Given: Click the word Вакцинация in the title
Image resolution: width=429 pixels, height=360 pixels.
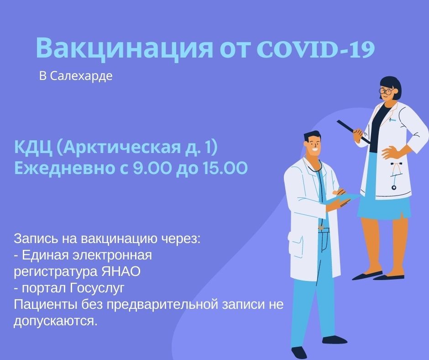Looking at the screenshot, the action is coord(124,48).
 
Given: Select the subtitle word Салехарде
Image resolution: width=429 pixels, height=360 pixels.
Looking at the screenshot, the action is coord(81,76).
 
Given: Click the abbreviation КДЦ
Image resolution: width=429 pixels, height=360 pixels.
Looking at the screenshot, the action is coord(33,148).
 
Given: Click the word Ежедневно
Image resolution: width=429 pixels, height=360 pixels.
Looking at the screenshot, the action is coord(64,169).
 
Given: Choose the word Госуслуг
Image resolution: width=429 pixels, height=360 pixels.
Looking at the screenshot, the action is coord(97,288).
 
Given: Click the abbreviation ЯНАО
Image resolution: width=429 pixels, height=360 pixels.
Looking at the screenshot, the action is coord(121,271).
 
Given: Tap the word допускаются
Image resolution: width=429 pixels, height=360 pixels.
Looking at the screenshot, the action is coord(56,321).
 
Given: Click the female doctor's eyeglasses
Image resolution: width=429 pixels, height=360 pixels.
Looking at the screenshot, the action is coord(386,90).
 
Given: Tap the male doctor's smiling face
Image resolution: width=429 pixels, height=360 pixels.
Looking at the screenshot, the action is coord(314,145).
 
